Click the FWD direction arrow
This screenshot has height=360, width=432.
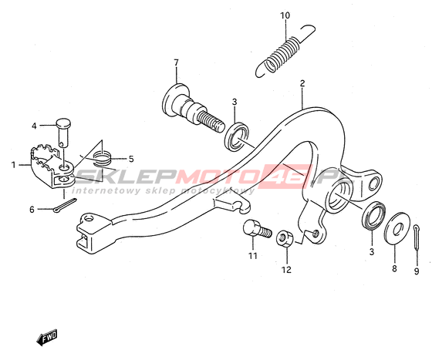(47, 337)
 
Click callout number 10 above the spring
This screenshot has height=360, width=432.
(285, 15)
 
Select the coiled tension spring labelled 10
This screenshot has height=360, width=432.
(284, 52)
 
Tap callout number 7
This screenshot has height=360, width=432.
(176, 62)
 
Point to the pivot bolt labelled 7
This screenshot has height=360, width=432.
(193, 109)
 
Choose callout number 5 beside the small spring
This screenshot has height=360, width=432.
(131, 159)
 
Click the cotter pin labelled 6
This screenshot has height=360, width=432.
(65, 205)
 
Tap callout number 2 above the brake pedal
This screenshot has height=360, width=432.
(302, 83)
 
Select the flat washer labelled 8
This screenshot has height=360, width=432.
(397, 228)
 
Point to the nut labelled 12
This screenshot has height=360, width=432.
(285, 239)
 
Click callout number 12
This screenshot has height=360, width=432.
(286, 270)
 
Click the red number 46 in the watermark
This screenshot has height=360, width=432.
(286, 177)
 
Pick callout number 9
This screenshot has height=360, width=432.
(417, 271)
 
